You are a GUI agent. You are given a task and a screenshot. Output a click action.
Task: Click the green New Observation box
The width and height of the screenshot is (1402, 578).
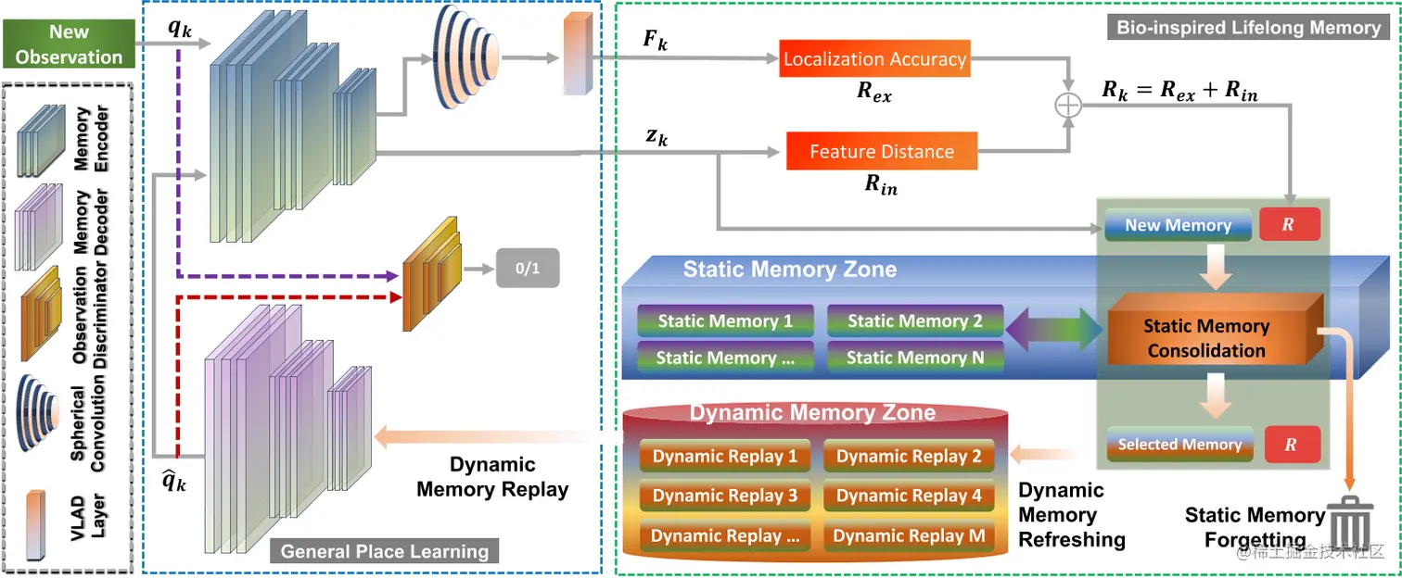(x=69, y=44)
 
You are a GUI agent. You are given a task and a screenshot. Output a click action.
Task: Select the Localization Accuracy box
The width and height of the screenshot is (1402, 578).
(x=874, y=58)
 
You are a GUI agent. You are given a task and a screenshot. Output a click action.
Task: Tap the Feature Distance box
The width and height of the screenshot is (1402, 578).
(x=881, y=151)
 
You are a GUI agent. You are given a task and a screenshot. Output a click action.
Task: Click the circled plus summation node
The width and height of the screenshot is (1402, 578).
(x=1068, y=105)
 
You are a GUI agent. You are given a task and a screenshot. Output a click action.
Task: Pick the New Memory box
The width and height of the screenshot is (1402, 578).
(x=1178, y=224)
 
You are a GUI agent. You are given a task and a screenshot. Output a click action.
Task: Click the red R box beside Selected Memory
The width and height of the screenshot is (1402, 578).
(x=1293, y=445)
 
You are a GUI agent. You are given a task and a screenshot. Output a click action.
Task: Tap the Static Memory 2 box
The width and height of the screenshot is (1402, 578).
(x=915, y=320)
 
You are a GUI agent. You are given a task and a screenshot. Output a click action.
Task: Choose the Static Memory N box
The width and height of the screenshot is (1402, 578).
(x=915, y=358)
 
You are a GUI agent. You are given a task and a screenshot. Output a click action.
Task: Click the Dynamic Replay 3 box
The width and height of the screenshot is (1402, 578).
(x=725, y=496)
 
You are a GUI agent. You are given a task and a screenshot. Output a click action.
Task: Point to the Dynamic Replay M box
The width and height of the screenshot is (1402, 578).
(x=909, y=536)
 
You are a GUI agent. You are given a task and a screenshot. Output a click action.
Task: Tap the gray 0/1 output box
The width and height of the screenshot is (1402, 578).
(x=528, y=269)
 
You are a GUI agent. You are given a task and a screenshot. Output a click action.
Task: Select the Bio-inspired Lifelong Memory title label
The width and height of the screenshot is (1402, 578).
(x=1249, y=28)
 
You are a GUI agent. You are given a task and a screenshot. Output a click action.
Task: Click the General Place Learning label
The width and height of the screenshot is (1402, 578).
(x=384, y=551)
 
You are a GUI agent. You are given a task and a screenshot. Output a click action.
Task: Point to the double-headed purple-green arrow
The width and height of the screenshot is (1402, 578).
(x=1054, y=329)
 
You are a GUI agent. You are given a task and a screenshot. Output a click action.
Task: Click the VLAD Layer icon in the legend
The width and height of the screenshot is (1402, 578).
(x=35, y=525)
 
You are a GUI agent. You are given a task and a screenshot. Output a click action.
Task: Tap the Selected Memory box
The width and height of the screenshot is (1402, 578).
(x=1179, y=445)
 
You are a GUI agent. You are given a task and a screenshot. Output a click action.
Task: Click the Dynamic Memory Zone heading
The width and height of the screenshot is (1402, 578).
(x=812, y=412)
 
